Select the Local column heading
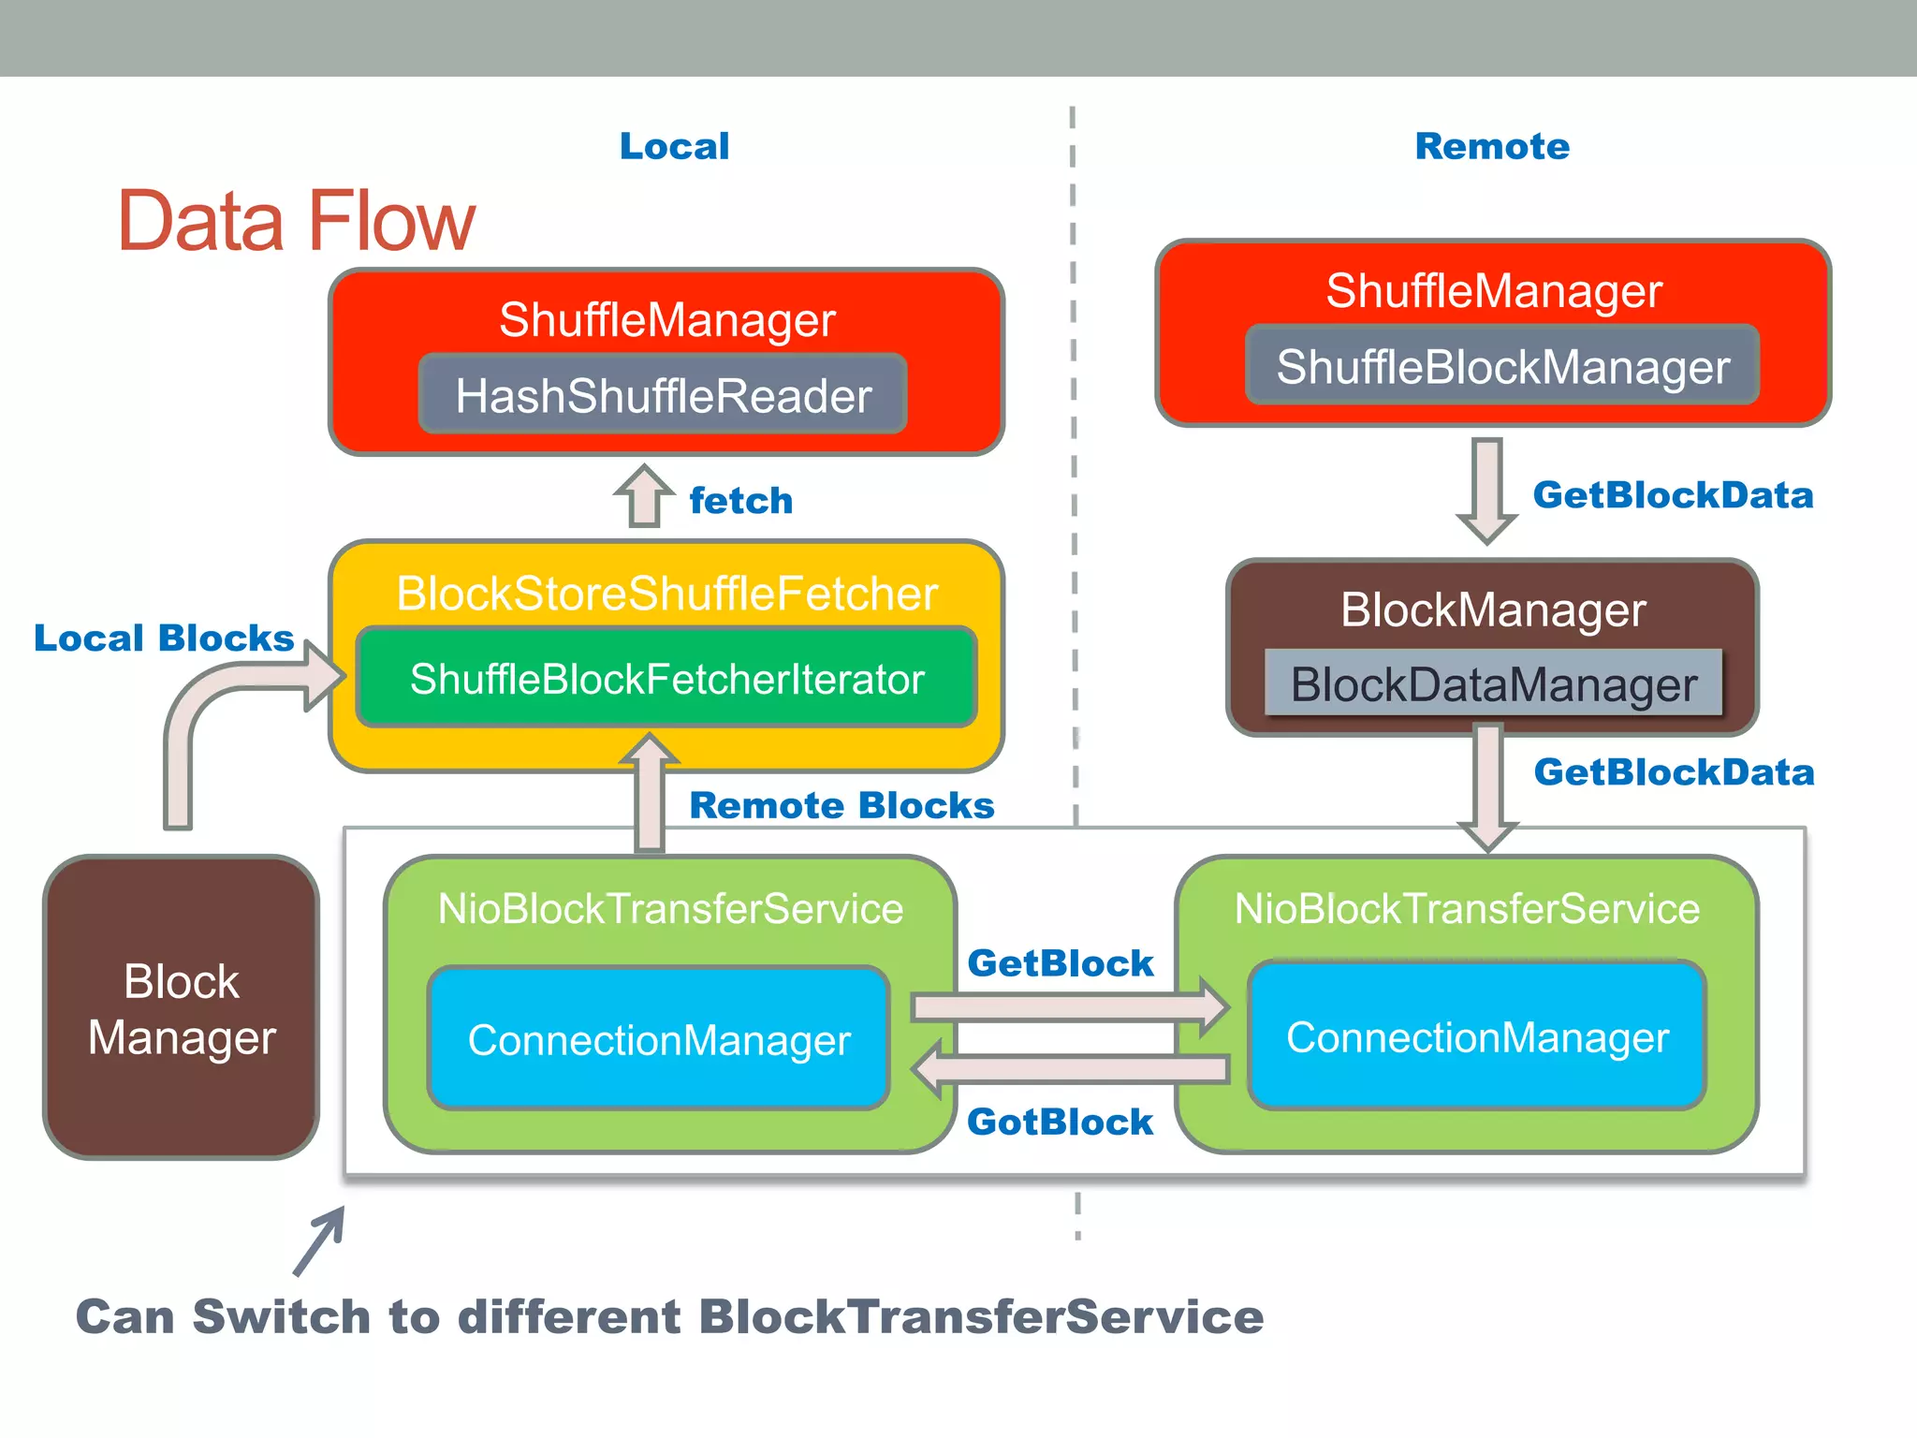tap(674, 146)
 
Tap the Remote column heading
tap(1492, 146)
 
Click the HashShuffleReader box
tap(663, 395)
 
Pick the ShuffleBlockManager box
tap(1502, 366)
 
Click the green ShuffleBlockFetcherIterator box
tap(666, 679)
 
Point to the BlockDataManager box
tap(1493, 684)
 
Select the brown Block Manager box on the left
tap(182, 1007)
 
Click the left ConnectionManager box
tap(659, 1039)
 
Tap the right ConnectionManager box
tap(1477, 1036)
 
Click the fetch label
tap(740, 501)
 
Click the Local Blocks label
tap(164, 638)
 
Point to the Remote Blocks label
tap(841, 805)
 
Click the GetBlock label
tap(1060, 962)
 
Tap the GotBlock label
tap(1060, 1122)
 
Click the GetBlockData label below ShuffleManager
tap(1673, 494)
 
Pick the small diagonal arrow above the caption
tap(319, 1240)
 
